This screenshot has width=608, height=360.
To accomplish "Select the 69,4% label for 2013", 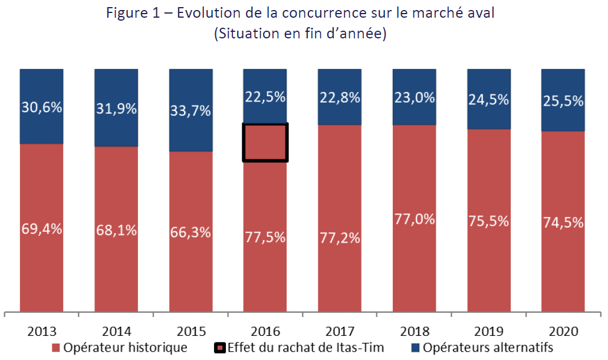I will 41,230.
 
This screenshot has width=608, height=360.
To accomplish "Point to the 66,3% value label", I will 190,232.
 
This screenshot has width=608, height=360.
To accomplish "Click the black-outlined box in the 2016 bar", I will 265,142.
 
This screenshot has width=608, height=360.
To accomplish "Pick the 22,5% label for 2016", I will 265,97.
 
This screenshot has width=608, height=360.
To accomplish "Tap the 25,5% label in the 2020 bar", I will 563,100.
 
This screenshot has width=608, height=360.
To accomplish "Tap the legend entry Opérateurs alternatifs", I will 481,348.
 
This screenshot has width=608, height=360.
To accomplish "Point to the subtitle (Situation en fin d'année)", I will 300,34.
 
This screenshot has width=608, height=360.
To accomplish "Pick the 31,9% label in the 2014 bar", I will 116,109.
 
